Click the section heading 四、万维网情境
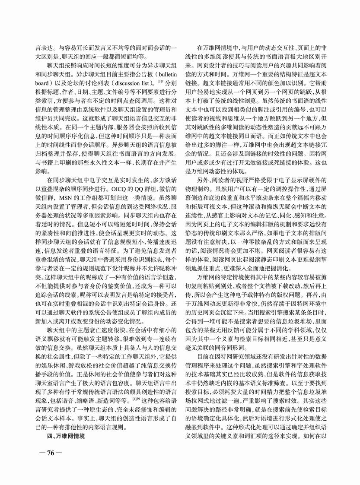pyautogui.click(x=67, y=436)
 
